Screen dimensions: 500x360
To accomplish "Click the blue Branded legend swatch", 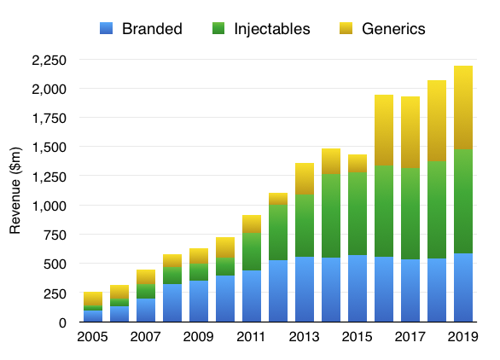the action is point(106,28).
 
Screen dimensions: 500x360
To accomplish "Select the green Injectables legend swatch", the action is point(218,28).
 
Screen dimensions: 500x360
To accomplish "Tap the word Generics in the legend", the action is point(393,29).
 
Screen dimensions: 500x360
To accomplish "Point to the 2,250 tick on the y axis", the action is point(49,61).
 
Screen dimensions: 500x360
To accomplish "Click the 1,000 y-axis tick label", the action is point(49,206).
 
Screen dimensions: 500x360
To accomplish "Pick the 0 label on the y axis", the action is point(62,322).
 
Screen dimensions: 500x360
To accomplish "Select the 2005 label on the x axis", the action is point(92,337).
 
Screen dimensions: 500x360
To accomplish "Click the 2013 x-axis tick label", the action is point(305,337).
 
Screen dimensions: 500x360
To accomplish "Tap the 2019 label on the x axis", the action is point(463,337).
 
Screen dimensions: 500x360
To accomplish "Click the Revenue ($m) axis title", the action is point(15,191).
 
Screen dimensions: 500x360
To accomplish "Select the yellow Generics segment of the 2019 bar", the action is point(463,107).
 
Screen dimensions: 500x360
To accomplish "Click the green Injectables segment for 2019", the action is point(463,201).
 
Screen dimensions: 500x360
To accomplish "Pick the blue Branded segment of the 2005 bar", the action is point(93,316).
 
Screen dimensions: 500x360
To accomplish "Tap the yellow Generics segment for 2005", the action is point(93,299).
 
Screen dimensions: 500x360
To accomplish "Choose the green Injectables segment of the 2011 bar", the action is point(252,252).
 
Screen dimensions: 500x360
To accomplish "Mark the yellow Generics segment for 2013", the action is point(305,179).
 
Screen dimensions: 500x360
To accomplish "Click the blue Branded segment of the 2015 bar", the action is point(358,288).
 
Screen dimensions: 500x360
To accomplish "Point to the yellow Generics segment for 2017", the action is point(410,132).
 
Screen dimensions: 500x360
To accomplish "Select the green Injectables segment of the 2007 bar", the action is point(146,291).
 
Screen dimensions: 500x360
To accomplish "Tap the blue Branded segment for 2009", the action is point(199,301).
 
